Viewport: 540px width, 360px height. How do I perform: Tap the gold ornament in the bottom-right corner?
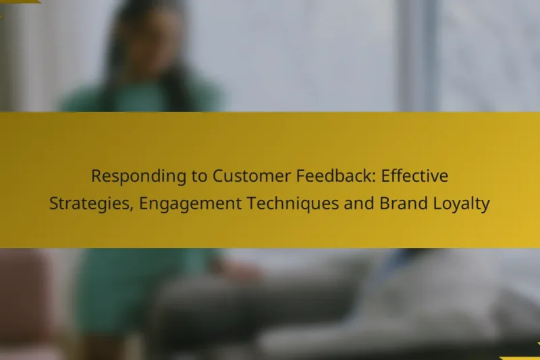tap(523, 356)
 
